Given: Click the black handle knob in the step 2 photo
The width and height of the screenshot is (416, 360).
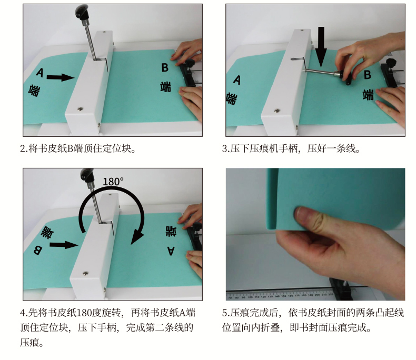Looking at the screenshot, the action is [x=82, y=13].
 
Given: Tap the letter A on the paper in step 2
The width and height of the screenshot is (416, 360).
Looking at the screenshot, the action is [x=39, y=73].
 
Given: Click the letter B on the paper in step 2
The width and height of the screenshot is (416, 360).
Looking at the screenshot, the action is [x=165, y=67].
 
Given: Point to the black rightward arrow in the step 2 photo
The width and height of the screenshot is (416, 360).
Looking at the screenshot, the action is [x=61, y=77].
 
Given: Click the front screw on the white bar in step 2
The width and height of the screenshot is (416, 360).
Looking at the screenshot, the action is [x=80, y=109].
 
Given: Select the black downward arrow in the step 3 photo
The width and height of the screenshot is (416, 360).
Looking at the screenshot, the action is [x=321, y=47].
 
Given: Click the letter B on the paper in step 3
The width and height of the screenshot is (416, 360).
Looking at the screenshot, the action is [x=368, y=75].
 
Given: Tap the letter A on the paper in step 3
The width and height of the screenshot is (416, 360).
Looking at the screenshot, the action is [x=237, y=80].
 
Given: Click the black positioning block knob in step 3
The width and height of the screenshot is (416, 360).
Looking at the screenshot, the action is [x=391, y=64].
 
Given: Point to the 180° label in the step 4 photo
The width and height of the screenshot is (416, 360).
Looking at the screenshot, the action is [x=113, y=182].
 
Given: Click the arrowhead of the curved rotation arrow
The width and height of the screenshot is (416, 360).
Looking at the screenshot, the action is [x=137, y=237].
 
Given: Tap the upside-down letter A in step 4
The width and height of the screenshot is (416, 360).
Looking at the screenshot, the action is [x=171, y=251].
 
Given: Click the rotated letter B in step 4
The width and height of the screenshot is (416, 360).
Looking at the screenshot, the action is [x=38, y=250].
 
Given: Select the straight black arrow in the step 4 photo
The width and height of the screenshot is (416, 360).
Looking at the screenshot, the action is [x=64, y=245].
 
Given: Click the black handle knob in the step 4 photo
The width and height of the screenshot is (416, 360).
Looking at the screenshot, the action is [x=87, y=174].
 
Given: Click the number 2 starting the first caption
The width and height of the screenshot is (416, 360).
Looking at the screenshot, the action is [x=22, y=149].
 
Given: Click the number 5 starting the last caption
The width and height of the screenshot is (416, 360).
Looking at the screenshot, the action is [x=224, y=313].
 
